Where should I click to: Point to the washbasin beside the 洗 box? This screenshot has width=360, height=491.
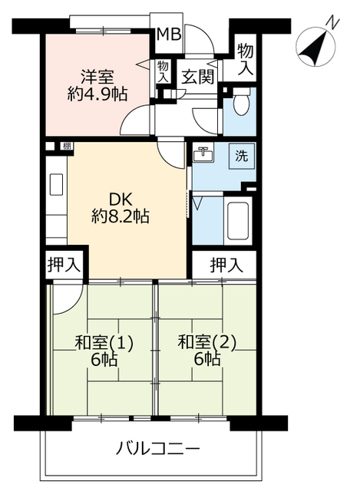(x=204, y=156)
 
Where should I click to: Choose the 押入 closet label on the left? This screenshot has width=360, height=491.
(x=63, y=265)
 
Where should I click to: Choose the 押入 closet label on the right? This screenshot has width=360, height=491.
(x=226, y=265)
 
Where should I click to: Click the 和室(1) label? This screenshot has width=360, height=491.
(x=104, y=343)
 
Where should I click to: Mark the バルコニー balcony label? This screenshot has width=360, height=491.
(x=159, y=448)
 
